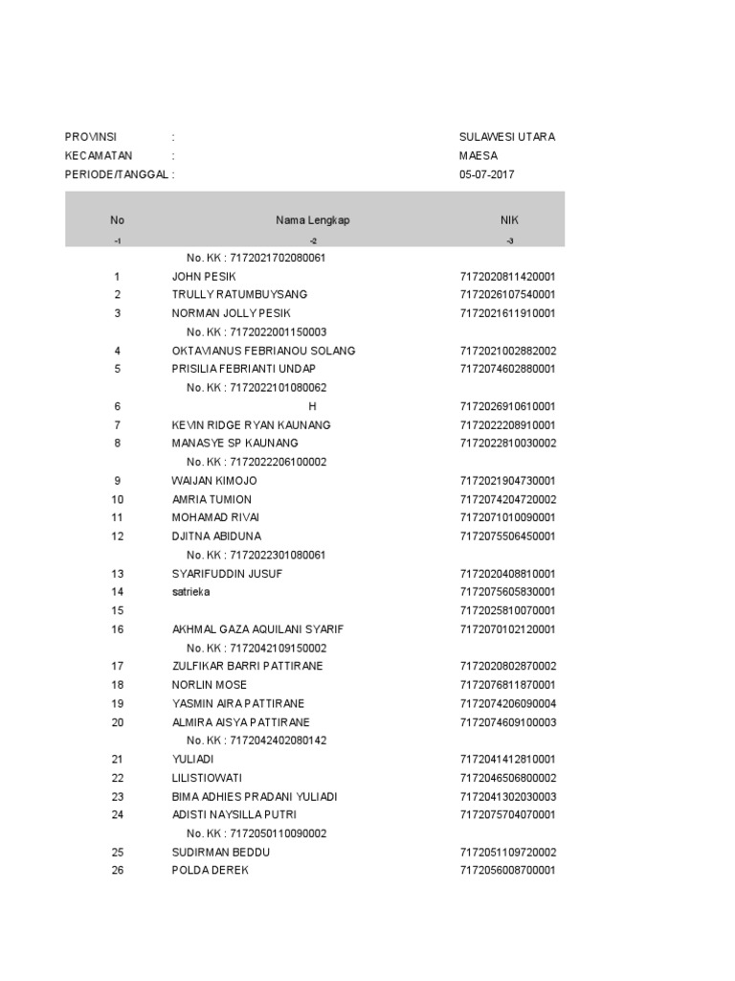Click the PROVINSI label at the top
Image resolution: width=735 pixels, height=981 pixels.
click(x=89, y=137)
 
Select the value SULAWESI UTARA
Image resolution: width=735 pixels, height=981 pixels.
click(x=506, y=137)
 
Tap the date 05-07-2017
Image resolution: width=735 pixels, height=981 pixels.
click(x=486, y=174)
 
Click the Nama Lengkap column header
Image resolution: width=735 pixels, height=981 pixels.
click(x=313, y=220)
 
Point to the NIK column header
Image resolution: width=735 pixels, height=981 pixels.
click(x=509, y=220)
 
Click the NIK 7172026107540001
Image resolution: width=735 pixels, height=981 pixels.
click(x=507, y=294)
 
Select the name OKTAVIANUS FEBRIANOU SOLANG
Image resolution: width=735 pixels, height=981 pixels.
click(x=263, y=351)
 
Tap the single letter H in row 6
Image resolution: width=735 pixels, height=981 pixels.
click(x=312, y=406)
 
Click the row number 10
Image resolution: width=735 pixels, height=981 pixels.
click(x=118, y=499)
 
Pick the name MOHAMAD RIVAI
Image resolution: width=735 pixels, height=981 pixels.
click(x=215, y=517)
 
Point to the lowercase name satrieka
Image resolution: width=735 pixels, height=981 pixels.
click(x=190, y=592)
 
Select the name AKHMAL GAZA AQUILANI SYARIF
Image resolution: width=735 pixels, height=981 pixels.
click(x=257, y=629)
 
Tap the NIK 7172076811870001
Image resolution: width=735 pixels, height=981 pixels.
click(x=507, y=685)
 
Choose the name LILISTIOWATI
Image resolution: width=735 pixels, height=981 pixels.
click(x=210, y=778)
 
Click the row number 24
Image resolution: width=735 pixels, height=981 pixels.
click(x=118, y=815)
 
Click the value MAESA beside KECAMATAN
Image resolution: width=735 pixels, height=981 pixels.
click(x=478, y=155)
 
